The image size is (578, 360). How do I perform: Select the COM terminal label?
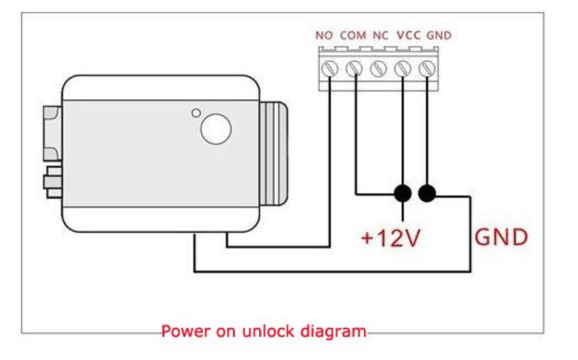point(353,35)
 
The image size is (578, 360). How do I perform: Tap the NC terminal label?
point(380,35)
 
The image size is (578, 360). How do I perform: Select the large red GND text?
point(501,236)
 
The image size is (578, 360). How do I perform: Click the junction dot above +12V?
point(402,193)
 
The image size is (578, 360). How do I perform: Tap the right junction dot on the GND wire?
point(427,193)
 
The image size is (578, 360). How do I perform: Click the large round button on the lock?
point(216,129)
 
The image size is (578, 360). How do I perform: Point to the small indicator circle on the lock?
point(195,113)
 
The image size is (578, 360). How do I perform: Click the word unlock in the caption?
point(267,332)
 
